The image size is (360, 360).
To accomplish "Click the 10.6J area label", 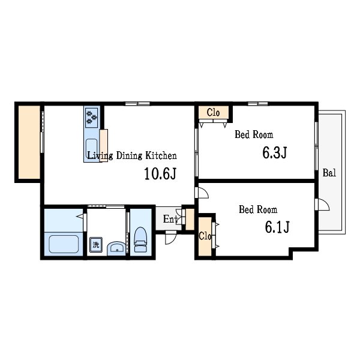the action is pyautogui.click(x=160, y=173).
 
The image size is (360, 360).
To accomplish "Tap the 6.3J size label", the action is pyautogui.click(x=275, y=152).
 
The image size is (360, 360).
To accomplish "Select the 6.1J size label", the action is pyautogui.click(x=277, y=227).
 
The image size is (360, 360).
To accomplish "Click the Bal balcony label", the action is pyautogui.click(x=329, y=173).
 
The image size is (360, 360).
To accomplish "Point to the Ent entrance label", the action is pyautogui.click(x=170, y=219).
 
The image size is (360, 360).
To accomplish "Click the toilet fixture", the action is pyautogui.click(x=140, y=239).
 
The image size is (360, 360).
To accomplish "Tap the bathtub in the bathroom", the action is pyautogui.click(x=64, y=244).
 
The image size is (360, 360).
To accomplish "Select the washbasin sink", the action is pyautogui.click(x=116, y=248).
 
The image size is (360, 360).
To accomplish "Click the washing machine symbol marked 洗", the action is pyautogui.click(x=96, y=245).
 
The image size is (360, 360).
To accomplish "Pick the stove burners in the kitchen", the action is pyautogui.click(x=91, y=118).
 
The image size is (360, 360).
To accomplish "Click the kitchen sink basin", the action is pyautogui.click(x=91, y=148).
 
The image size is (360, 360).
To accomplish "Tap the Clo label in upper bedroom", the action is pyautogui.click(x=213, y=113).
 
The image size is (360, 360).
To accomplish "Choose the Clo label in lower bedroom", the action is pyautogui.click(x=205, y=236).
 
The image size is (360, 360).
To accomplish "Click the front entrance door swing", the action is pyautogui.click(x=170, y=238).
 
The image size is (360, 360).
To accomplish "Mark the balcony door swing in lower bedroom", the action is pyautogui.click(x=322, y=205).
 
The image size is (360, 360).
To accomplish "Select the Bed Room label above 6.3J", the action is pyautogui.click(x=254, y=134).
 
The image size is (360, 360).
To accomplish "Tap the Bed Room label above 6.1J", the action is pyautogui.click(x=258, y=209).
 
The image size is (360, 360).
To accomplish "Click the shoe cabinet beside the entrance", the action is pyautogui.click(x=190, y=219).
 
